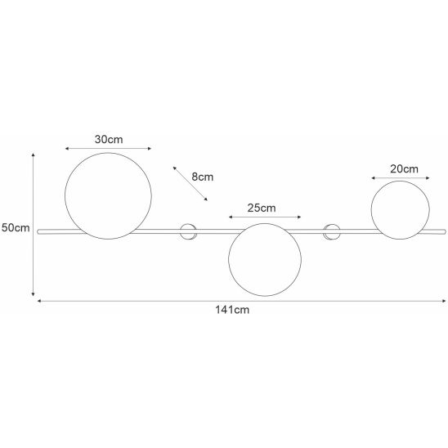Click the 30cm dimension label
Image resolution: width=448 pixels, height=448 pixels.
pos(109,140)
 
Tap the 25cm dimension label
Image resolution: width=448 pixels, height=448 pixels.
pos(262,208)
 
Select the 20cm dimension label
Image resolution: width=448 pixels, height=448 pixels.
pos(404,169)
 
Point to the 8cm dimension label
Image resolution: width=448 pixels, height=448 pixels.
pos(202,177)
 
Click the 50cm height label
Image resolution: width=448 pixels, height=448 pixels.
pos(16,228)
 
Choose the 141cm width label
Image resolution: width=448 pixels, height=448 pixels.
pos(232,310)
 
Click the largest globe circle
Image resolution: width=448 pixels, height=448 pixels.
pos(65,196)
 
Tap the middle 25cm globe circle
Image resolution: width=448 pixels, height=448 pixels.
pos(229,259)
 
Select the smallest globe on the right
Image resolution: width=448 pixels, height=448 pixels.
pos(371,210)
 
